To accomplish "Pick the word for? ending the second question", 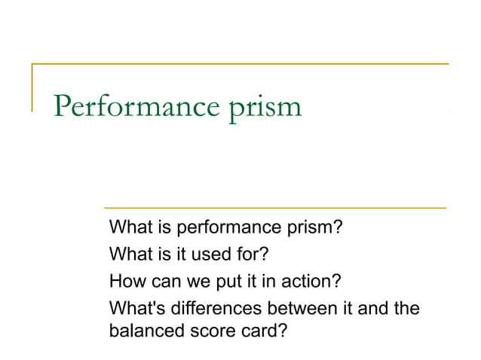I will (x=240, y=255).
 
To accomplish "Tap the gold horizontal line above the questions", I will (x=274, y=207).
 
